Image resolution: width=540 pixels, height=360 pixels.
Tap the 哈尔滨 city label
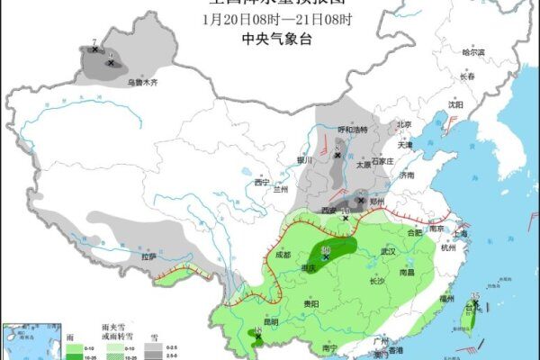coord(472,52)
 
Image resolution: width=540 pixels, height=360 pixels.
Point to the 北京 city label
coord(403,125)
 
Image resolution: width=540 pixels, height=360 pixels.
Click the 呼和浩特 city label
coord(353,130)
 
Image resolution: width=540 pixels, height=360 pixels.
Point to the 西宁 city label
coord(262,183)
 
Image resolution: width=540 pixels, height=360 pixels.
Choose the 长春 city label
coord(466,77)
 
